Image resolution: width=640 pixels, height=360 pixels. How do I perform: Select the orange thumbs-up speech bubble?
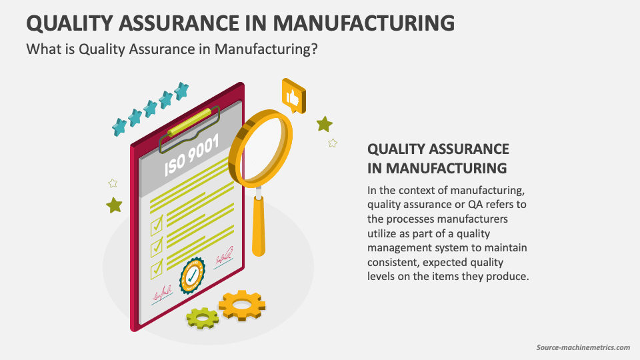click(293, 96)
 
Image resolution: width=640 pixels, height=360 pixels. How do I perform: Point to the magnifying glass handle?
click(259, 227)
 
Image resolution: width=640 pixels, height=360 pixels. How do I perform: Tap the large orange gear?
click(241, 305)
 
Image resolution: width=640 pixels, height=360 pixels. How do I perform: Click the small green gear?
click(202, 318)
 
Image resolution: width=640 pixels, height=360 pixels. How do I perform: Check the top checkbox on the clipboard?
click(157, 225)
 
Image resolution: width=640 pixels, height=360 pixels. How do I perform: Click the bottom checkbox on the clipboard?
click(157, 269)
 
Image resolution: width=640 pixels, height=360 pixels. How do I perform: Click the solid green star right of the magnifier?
click(325, 124)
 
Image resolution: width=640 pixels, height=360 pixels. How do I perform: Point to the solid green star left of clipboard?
click(114, 205)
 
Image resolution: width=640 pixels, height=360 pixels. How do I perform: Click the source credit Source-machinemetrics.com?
click(583, 347)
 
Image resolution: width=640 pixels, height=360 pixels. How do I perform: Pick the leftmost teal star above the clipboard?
click(120, 125)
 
